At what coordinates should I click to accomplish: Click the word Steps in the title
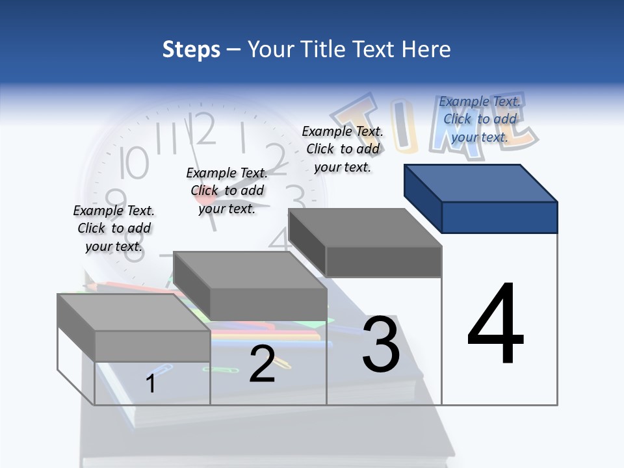(x=191, y=49)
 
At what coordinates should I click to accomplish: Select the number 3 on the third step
(x=381, y=344)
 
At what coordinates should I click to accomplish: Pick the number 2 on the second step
(x=262, y=365)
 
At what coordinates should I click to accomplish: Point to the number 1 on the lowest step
(x=151, y=383)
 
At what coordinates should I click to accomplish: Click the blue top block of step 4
(x=481, y=198)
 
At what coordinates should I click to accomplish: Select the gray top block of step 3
(x=365, y=242)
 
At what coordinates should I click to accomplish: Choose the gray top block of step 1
(x=133, y=326)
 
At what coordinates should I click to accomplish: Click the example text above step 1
(x=114, y=228)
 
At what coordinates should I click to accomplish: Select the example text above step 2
(x=227, y=190)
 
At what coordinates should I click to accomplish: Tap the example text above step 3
(x=343, y=149)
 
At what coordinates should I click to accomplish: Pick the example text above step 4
(x=480, y=119)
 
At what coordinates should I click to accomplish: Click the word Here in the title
(x=426, y=49)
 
